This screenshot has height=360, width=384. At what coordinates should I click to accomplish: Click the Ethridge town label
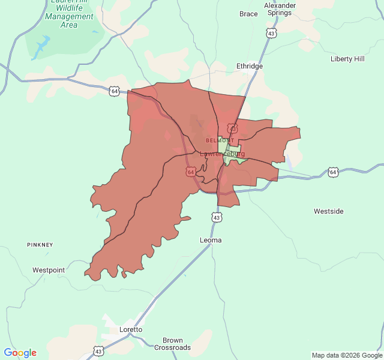[250, 66]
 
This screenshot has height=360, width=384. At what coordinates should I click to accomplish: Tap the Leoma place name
[211, 240]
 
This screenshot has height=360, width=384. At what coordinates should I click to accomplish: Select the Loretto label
[131, 329]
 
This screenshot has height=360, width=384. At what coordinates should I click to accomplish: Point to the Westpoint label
[49, 270]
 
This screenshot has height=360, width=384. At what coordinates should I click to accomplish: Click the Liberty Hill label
[347, 59]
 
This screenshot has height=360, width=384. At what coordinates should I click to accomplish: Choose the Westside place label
[329, 211]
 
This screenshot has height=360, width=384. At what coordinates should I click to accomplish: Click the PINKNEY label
[40, 245]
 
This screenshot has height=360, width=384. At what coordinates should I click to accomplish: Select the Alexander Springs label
[280, 9]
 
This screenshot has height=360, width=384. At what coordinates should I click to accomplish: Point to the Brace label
[248, 14]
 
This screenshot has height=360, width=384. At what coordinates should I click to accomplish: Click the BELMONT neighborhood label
[220, 140]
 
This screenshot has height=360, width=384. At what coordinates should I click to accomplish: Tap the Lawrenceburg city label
[222, 154]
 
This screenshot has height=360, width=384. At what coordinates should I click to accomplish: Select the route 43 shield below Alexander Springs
[272, 34]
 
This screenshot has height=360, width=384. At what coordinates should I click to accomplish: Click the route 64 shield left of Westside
[333, 172]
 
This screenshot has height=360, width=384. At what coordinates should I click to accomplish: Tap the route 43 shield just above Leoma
[216, 217]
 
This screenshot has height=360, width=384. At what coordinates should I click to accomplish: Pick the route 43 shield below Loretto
[98, 350]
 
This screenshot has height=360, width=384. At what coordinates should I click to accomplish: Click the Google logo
[20, 353]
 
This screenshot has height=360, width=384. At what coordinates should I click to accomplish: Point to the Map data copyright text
[347, 355]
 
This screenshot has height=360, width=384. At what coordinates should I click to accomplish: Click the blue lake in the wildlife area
[42, 45]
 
